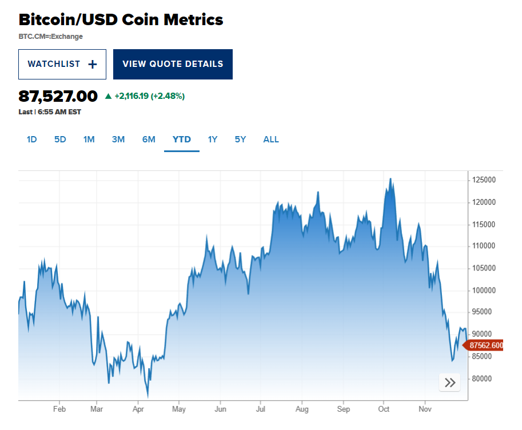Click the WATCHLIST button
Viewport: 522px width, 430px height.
[62, 64]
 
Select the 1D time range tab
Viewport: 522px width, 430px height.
[32, 140]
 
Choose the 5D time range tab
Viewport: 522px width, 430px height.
[60, 140]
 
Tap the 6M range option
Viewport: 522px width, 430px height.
[149, 140]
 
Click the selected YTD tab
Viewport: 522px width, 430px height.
[182, 140]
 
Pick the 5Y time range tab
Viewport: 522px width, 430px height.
[240, 140]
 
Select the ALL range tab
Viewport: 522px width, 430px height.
[271, 140]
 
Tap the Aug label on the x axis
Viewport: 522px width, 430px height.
[302, 409]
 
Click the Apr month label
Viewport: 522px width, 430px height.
[138, 409]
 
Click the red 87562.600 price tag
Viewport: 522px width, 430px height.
[485, 345]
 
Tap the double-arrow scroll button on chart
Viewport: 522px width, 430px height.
[450, 383]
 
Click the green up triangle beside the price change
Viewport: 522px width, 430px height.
[108, 96]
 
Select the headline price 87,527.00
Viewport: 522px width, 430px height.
[58, 95]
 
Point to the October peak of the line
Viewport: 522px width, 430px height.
[390, 178]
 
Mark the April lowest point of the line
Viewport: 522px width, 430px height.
[148, 396]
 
